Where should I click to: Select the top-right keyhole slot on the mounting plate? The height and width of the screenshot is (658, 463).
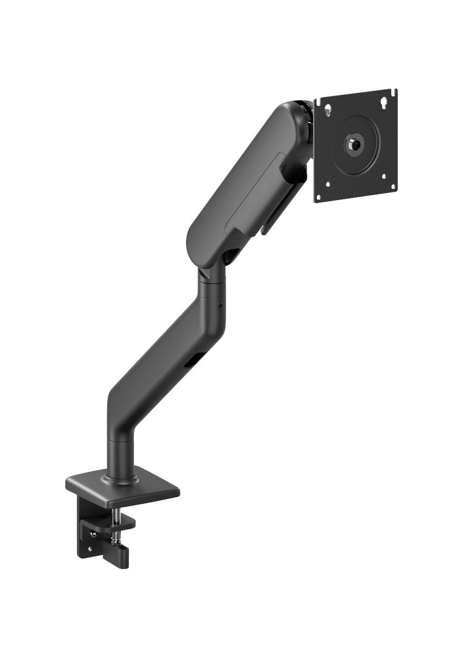[384, 100]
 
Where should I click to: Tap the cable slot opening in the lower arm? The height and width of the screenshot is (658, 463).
[190, 362]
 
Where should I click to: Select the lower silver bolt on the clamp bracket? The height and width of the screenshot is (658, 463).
[90, 549]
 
